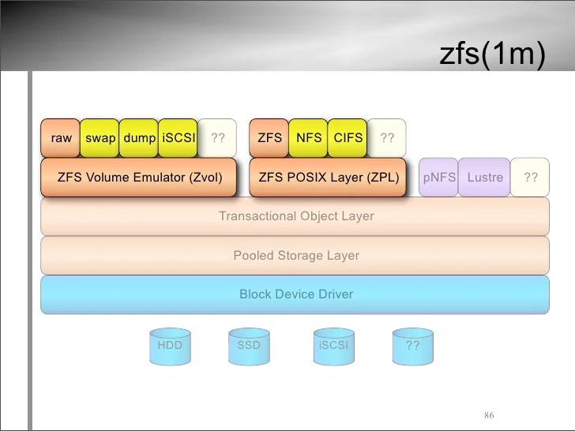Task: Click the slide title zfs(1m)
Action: tap(491, 56)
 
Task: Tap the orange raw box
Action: tap(61, 138)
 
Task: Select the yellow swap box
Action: tap(100, 138)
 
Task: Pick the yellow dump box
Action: tap(140, 138)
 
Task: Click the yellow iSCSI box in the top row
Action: tap(179, 138)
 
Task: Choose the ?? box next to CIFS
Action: tap(387, 138)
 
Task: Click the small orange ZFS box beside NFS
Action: tap(269, 138)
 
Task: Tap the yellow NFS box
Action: tap(309, 138)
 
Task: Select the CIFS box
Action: tap(348, 138)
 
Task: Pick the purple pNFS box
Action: tap(438, 178)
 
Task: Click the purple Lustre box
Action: tap(484, 178)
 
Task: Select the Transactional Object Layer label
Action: tap(296, 216)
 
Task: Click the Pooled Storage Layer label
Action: tap(296, 256)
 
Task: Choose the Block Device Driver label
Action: tap(296, 294)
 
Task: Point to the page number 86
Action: tap(489, 416)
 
